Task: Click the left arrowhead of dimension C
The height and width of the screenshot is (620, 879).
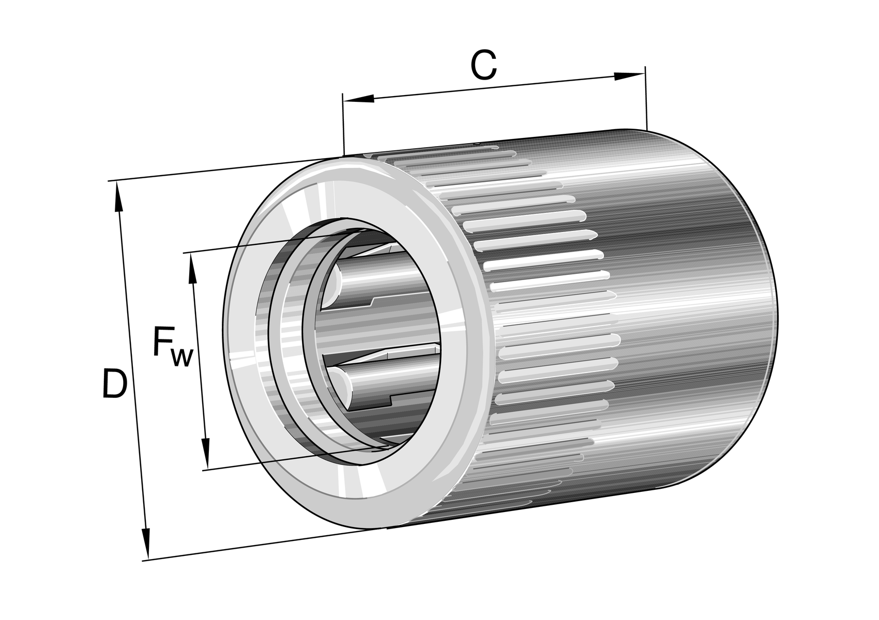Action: [x=358, y=99]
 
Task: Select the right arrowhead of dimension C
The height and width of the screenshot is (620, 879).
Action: [x=629, y=76]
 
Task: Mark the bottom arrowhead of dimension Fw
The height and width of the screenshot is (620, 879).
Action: [x=205, y=454]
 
